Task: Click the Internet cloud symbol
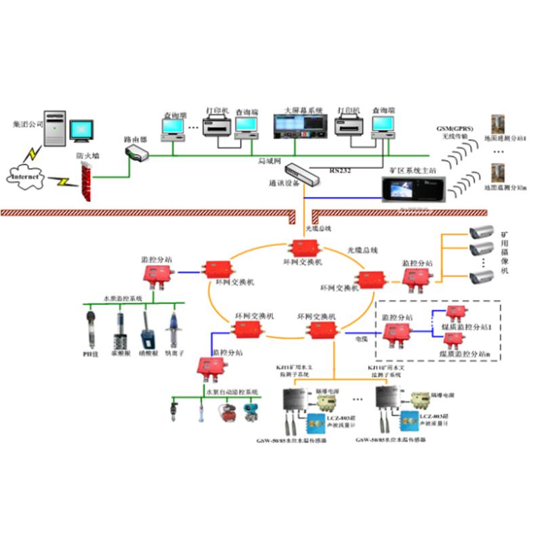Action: tap(26, 178)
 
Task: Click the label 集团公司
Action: tap(26, 125)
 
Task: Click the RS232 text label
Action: tap(341, 171)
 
